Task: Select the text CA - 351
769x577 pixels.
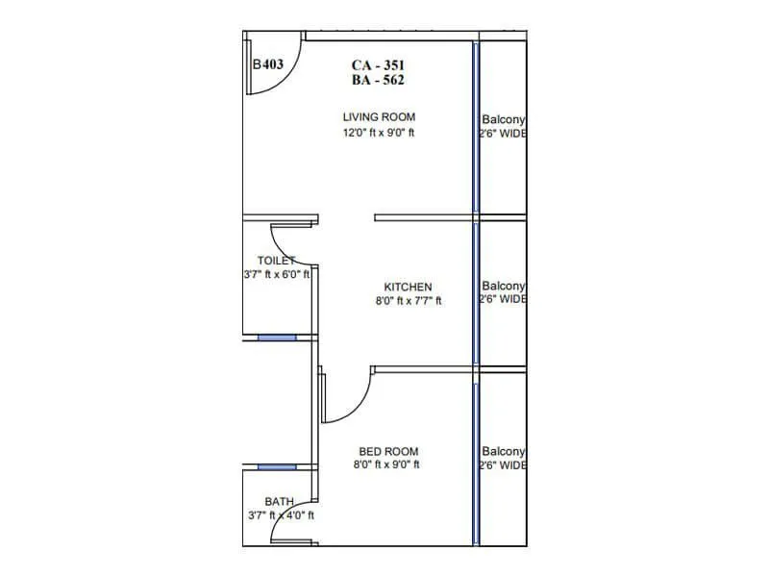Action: [x=378, y=65]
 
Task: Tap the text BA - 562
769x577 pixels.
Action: [x=378, y=81]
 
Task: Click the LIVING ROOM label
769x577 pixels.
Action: [x=378, y=117]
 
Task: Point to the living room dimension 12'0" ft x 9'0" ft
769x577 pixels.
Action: [x=378, y=133]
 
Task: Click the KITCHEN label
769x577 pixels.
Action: [x=408, y=287]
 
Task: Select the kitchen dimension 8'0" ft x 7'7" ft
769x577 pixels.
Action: [x=408, y=301]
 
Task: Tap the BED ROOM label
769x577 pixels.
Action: [x=388, y=451]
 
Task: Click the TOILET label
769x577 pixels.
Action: [x=276, y=261]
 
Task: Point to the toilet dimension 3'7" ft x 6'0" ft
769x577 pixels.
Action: [x=277, y=274]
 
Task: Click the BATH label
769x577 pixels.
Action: [x=280, y=502]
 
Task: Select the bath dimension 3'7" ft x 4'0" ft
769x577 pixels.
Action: [x=280, y=515]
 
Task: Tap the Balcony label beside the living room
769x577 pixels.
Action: [x=503, y=120]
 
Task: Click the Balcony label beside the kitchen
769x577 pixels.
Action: [x=503, y=286]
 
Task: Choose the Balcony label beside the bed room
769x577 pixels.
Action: [x=503, y=451]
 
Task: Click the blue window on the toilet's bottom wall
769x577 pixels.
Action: [x=277, y=338]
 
